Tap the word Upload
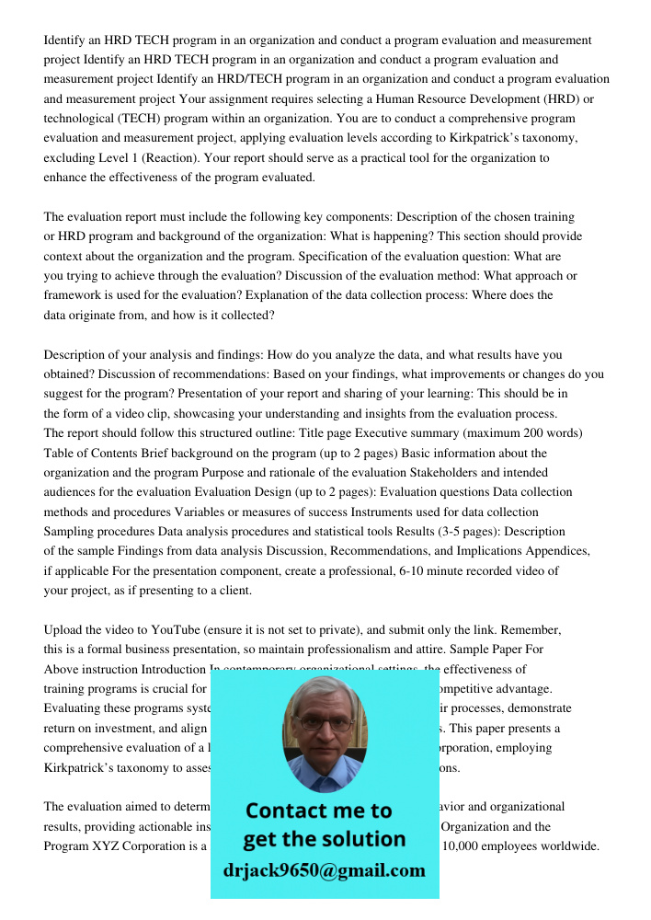click(x=63, y=630)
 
